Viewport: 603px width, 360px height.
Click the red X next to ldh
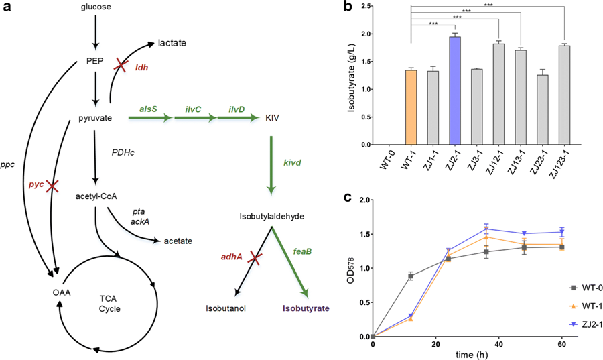(x=121, y=64)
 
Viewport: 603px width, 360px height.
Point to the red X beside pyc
(x=50, y=186)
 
